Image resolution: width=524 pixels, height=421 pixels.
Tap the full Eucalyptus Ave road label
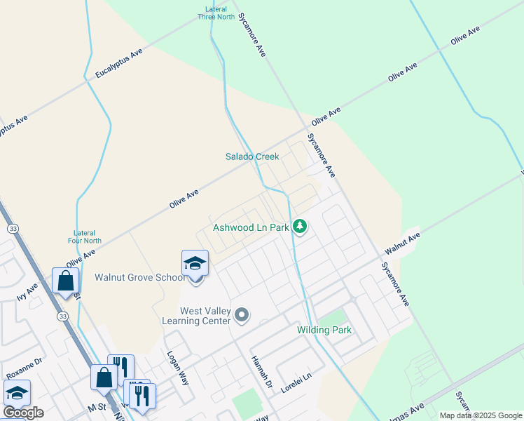pyautogui.click(x=119, y=63)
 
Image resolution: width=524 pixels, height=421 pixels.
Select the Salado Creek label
pyautogui.click(x=252, y=156)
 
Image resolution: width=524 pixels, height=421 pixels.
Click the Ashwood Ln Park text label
pyautogui.click(x=251, y=228)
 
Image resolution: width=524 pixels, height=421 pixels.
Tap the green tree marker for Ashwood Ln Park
pyautogui.click(x=300, y=226)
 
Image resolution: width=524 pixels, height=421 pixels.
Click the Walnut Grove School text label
pyautogui.click(x=140, y=277)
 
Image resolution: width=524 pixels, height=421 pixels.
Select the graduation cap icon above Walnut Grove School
pyautogui.click(x=195, y=264)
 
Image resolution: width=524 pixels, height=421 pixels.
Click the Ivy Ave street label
pyautogui.click(x=27, y=290)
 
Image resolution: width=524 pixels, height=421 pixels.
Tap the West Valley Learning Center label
pyautogui.click(x=205, y=316)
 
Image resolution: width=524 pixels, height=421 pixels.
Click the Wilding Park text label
pyautogui.click(x=324, y=330)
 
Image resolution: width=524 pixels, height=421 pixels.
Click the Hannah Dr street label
pyautogui.click(x=261, y=372)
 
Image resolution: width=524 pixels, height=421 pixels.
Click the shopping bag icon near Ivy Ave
pyautogui.click(x=65, y=281)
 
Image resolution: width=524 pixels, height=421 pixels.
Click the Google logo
pyautogui.click(x=23, y=413)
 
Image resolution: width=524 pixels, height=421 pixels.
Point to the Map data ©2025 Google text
pyautogui.click(x=480, y=415)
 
